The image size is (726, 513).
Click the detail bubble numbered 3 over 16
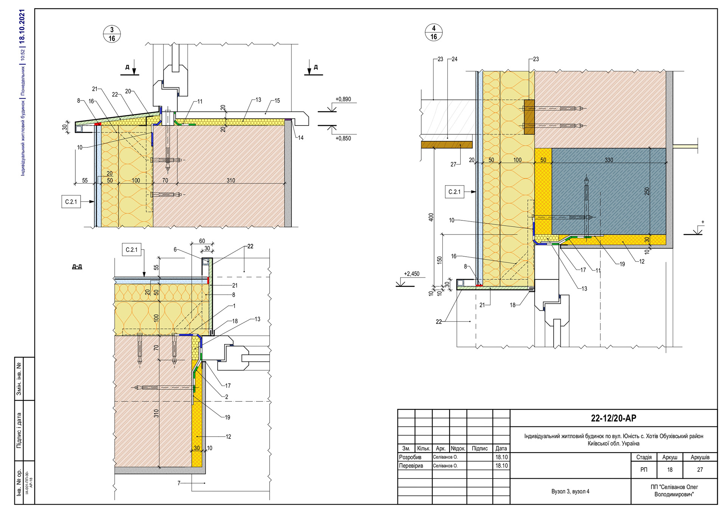112,34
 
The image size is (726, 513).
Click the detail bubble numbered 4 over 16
434,33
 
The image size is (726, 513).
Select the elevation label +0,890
343,99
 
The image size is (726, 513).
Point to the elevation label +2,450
411,274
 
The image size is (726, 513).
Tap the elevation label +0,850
343,138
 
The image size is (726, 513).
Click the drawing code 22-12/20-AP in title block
613,418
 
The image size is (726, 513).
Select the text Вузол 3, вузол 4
570,491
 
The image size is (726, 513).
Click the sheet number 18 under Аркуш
670,470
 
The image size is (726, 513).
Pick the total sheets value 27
700,470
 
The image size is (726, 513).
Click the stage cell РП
644,470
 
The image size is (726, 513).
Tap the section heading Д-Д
77,267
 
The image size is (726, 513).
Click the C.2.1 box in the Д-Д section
132,250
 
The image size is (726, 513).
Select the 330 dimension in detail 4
609,160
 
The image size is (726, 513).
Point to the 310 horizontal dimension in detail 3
231,180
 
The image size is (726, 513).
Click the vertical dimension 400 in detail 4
431,217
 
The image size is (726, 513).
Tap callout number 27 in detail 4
453,164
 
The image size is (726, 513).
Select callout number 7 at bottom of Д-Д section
179,483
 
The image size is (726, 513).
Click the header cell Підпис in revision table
479,448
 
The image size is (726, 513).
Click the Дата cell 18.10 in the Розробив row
501,457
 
